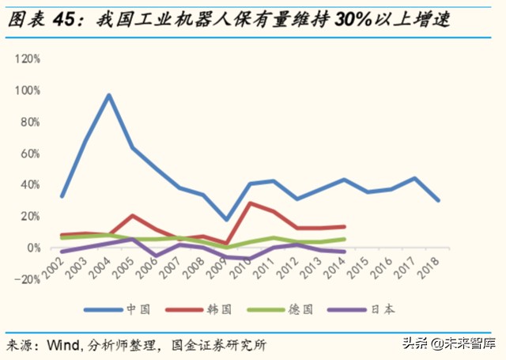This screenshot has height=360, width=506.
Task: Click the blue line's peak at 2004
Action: [109, 95]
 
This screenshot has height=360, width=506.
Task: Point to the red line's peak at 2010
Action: [251, 203]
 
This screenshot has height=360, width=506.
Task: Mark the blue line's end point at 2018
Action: [439, 200]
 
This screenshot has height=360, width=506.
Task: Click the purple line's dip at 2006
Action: [157, 256]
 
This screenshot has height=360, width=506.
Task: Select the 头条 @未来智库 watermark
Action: [448, 343]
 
